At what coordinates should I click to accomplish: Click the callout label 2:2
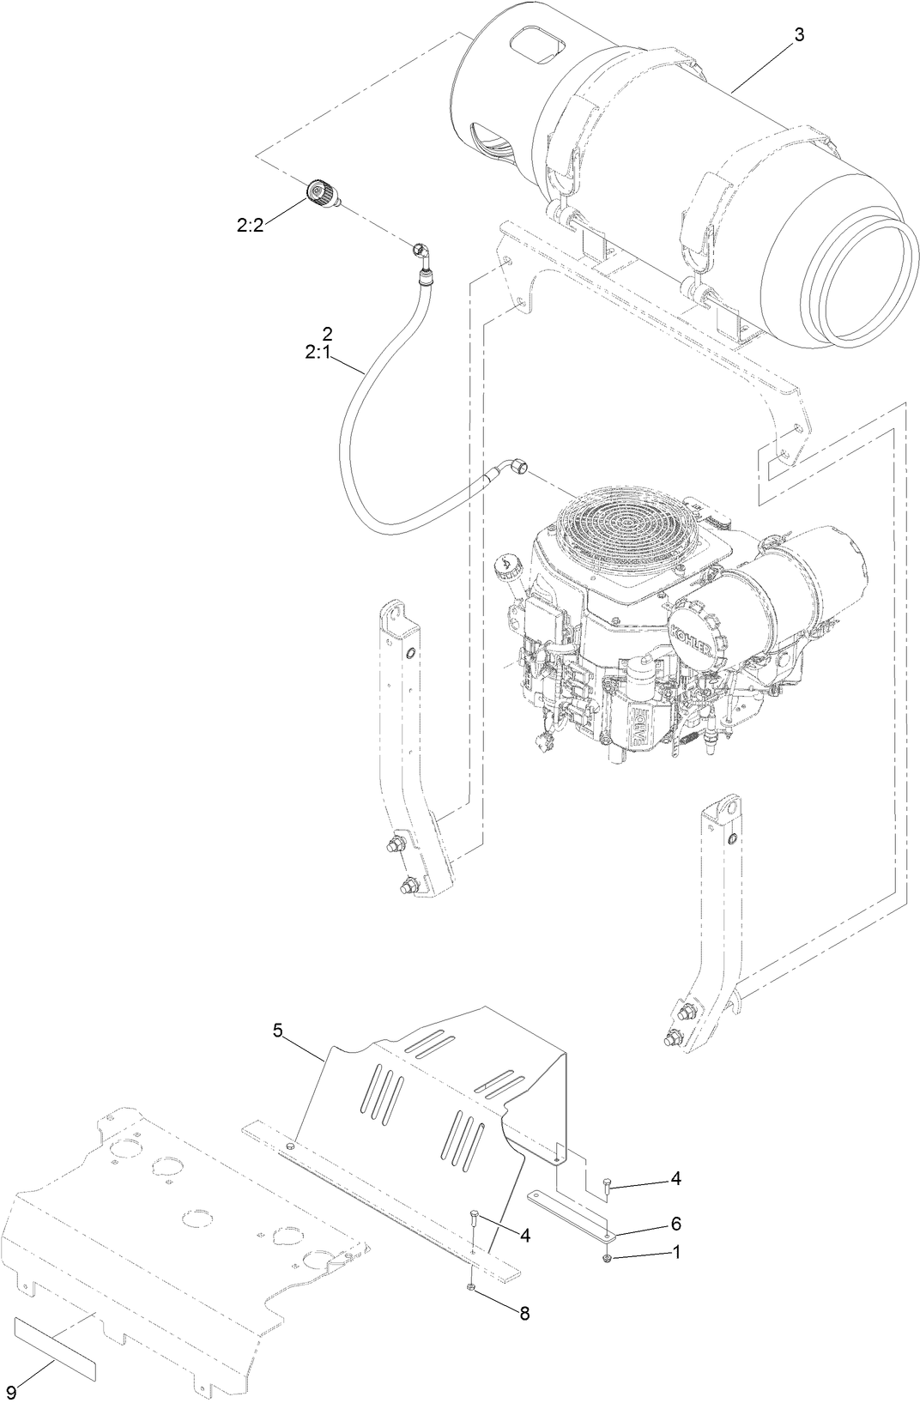click(x=251, y=226)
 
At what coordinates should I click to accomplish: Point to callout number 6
click(x=675, y=1220)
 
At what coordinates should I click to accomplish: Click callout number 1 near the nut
click(x=675, y=1251)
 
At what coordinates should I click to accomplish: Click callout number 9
click(x=11, y=1389)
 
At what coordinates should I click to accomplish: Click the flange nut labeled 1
click(x=608, y=1258)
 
